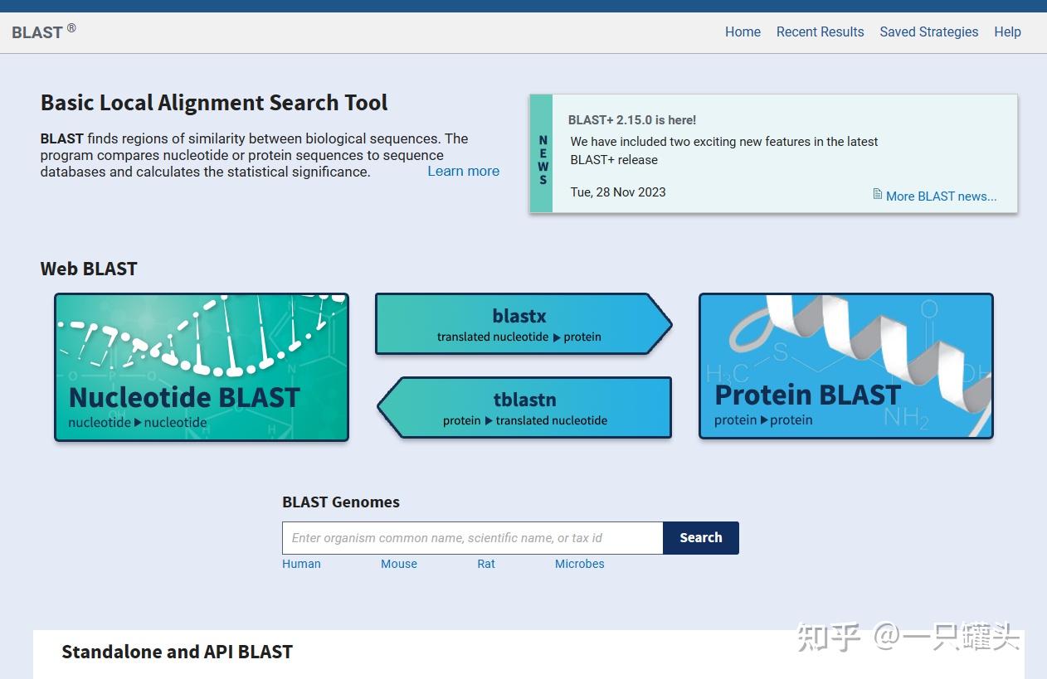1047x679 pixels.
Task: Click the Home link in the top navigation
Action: [x=743, y=32]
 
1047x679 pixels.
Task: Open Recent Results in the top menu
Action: [x=820, y=32]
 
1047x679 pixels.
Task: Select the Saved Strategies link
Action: [x=928, y=32]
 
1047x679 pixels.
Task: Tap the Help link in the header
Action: [x=1007, y=32]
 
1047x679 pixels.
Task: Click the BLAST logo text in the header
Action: [x=38, y=32]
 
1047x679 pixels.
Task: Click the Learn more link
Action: [x=463, y=172]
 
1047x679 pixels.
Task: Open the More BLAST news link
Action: [x=941, y=196]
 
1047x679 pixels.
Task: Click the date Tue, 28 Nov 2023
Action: [x=618, y=192]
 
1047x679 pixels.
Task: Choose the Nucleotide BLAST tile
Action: [x=202, y=367]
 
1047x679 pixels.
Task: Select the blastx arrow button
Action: [x=519, y=324]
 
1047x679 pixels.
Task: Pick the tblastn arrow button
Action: [x=525, y=408]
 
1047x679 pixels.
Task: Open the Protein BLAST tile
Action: [x=845, y=366]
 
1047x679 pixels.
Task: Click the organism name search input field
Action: [x=472, y=538]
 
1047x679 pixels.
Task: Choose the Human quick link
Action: [x=301, y=564]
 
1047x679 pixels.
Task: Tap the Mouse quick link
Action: [x=399, y=564]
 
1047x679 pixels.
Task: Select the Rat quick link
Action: [x=486, y=564]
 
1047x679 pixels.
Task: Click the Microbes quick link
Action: [x=579, y=564]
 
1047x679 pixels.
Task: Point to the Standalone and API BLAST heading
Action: [x=177, y=652]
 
